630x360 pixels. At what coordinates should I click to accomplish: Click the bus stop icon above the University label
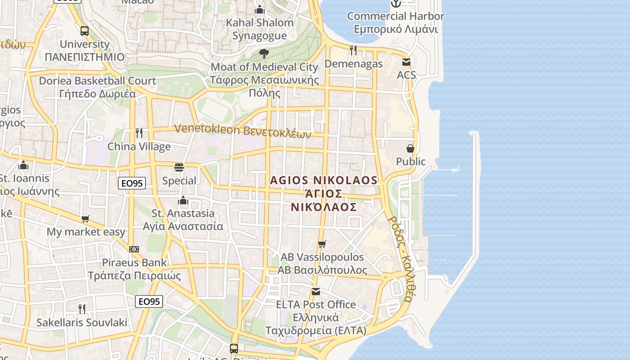click(85, 31)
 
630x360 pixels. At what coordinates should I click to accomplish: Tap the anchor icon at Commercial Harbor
click(396, 4)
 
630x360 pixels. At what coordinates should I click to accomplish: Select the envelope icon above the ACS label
click(406, 62)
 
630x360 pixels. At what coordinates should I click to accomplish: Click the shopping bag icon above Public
click(410, 148)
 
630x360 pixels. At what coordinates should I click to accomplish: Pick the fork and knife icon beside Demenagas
click(353, 50)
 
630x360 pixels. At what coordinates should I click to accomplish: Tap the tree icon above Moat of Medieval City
click(264, 54)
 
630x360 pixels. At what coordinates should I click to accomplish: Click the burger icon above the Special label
click(179, 167)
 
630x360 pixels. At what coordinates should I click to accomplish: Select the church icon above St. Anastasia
click(183, 200)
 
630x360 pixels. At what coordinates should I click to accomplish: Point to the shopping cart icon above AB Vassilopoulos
click(322, 244)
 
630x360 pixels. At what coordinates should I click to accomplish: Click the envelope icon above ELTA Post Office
click(316, 292)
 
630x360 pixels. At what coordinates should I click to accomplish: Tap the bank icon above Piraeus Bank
click(134, 249)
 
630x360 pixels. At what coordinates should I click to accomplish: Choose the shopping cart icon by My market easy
click(85, 219)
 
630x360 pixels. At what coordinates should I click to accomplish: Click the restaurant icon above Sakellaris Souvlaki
click(82, 309)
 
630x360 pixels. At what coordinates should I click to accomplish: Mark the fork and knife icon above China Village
click(139, 133)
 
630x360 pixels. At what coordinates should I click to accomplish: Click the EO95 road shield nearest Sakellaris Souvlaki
click(149, 301)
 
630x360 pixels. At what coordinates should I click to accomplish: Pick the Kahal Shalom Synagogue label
click(260, 29)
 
